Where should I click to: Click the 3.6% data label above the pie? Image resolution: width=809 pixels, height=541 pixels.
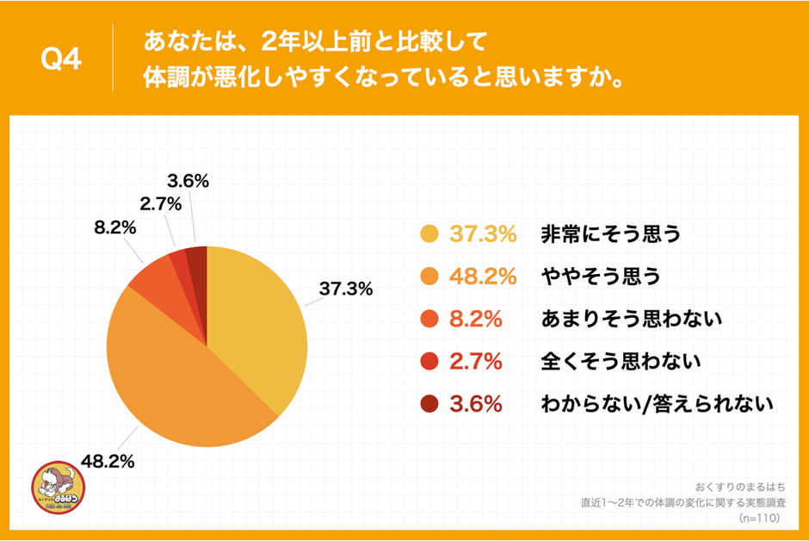click(188, 181)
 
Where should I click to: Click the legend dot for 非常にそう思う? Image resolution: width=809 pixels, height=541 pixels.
click(429, 233)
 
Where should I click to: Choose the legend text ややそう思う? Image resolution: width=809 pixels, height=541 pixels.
click(601, 277)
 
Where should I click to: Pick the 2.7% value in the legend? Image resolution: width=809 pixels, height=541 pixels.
click(476, 361)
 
